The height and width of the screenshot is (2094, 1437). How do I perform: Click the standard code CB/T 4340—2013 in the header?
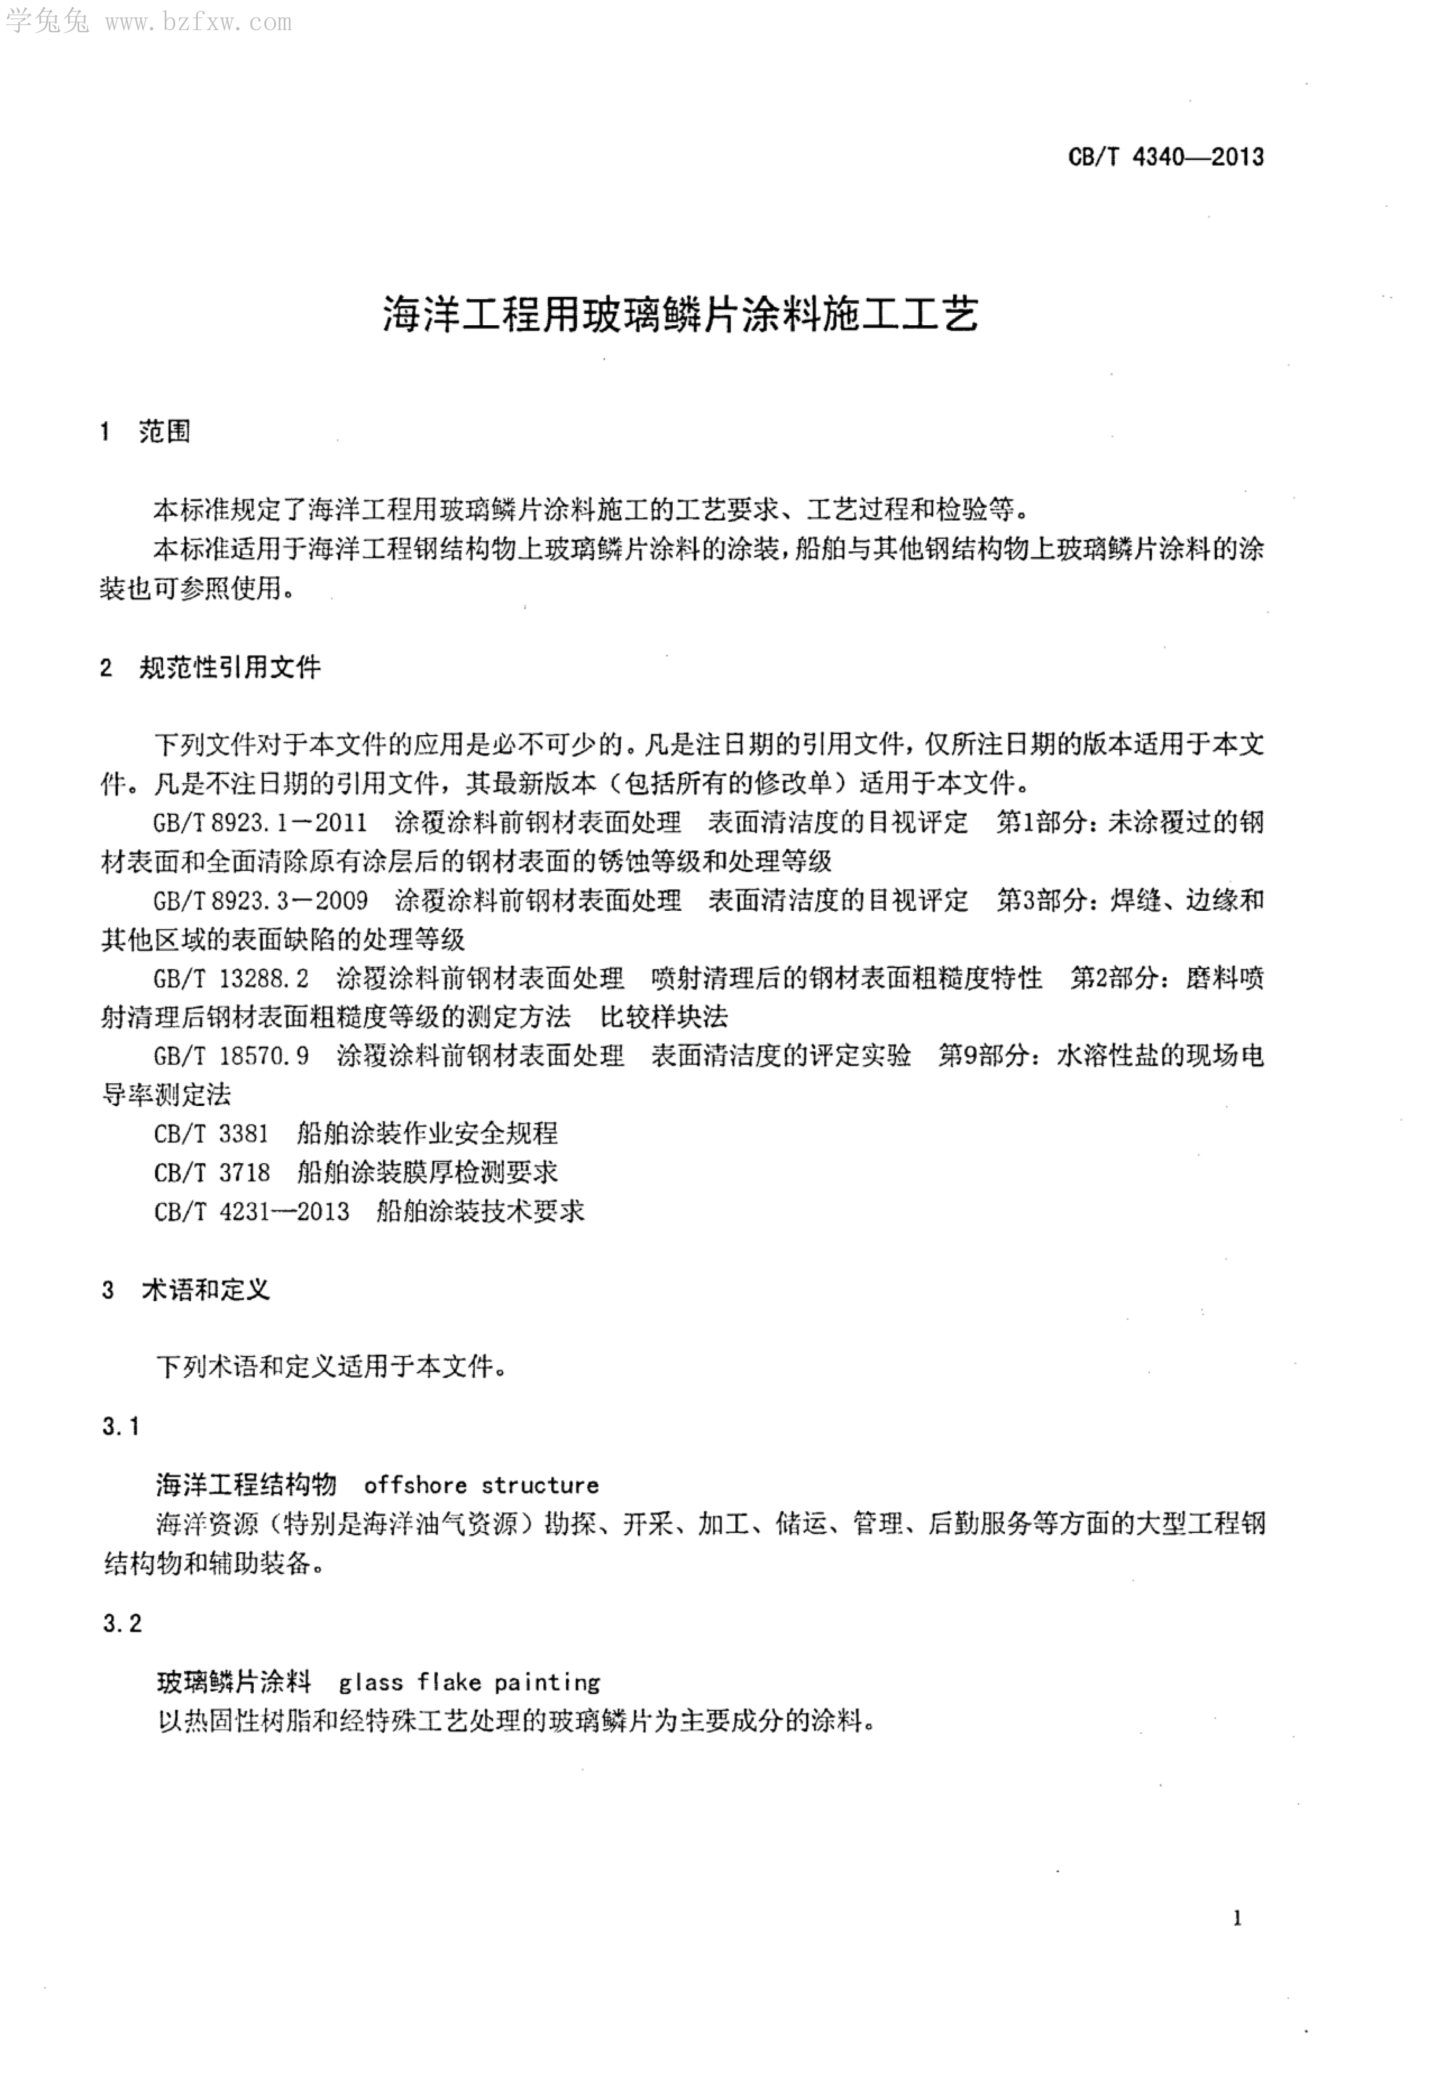point(1166,157)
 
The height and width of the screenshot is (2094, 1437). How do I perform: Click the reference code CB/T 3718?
point(212,1172)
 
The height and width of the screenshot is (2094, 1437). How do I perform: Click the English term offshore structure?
point(481,1485)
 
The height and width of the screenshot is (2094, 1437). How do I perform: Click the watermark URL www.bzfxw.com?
point(198,22)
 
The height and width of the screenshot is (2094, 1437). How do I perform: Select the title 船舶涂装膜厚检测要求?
point(427,1172)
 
